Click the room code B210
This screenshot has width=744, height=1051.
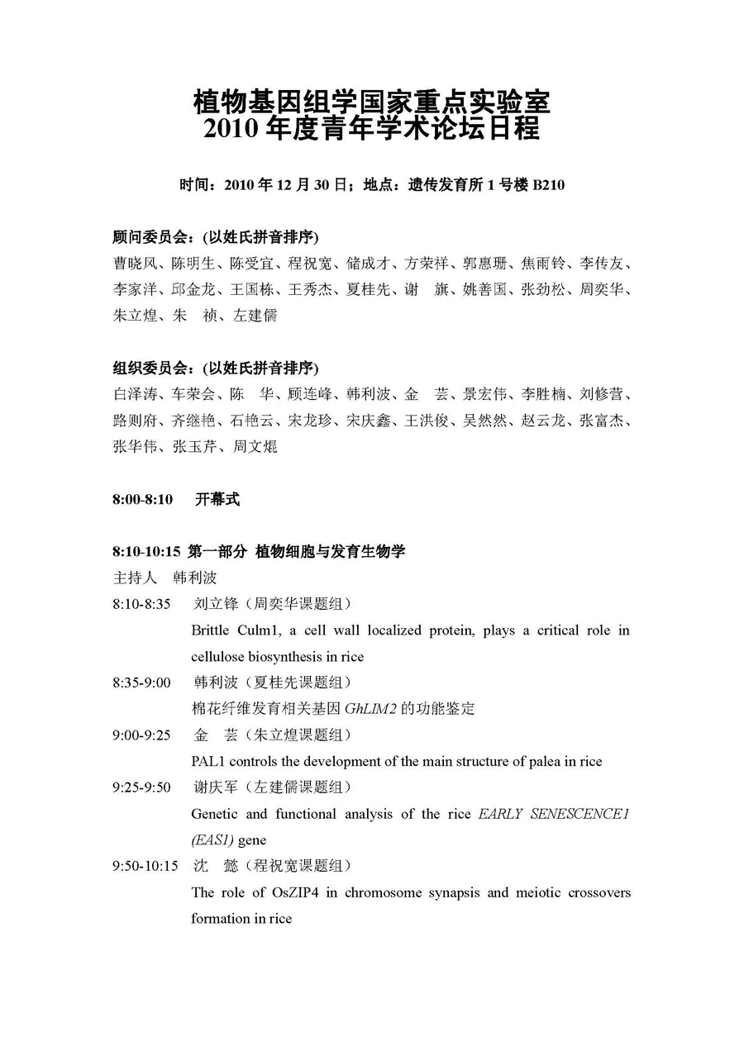(548, 185)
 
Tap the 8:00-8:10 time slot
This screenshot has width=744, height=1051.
(143, 499)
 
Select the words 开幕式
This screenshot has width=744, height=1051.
(217, 499)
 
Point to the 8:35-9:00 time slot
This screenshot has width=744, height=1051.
(141, 682)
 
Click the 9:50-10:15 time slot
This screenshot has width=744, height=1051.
(145, 866)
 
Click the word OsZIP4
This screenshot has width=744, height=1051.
(295, 892)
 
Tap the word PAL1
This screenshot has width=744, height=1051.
(207, 761)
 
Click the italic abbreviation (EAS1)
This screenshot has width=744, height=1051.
(212, 840)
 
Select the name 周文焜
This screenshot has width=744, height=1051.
(255, 447)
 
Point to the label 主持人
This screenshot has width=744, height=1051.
(135, 577)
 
